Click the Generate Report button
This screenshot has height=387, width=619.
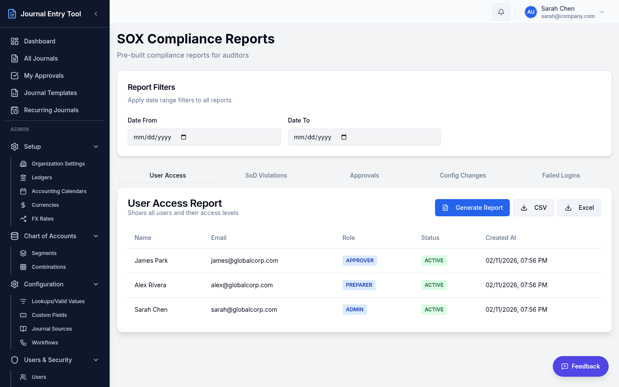pyautogui.click(x=472, y=208)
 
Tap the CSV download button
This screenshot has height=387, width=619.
pyautogui.click(x=533, y=208)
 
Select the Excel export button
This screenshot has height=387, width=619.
pyautogui.click(x=579, y=208)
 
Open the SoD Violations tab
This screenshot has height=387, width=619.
pyautogui.click(x=266, y=175)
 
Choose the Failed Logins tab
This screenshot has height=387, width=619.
pyautogui.click(x=561, y=175)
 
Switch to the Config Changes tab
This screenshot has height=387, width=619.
pyautogui.click(x=463, y=175)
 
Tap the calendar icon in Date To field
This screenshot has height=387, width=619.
pyautogui.click(x=344, y=137)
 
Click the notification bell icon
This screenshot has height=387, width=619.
pyautogui.click(x=501, y=12)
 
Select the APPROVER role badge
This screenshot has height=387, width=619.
pyautogui.click(x=360, y=261)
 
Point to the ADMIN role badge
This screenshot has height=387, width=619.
pyautogui.click(x=355, y=310)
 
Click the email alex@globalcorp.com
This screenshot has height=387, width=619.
pyautogui.click(x=242, y=285)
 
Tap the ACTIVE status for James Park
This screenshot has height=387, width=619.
pyautogui.click(x=434, y=261)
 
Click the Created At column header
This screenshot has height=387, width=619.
pyautogui.click(x=501, y=238)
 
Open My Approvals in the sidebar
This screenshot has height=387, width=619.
pyautogui.click(x=44, y=76)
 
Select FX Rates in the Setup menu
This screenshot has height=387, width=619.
pyautogui.click(x=43, y=219)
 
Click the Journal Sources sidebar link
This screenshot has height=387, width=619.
pyautogui.click(x=52, y=329)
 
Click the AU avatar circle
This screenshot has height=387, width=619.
pyautogui.click(x=531, y=12)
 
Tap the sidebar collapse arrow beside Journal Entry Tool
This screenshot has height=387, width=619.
pyautogui.click(x=96, y=14)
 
